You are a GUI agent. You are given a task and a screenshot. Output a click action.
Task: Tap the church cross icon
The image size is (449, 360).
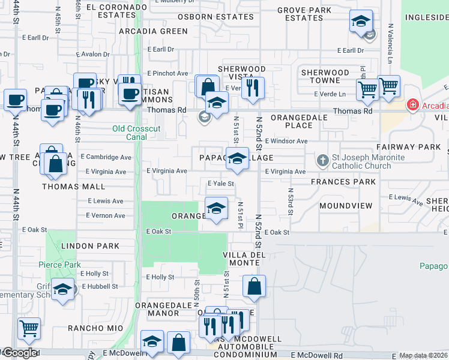(322, 160)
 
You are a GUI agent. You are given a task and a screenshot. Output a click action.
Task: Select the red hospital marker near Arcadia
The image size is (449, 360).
(412, 106)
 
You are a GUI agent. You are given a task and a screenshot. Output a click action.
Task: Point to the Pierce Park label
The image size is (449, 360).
(59, 265)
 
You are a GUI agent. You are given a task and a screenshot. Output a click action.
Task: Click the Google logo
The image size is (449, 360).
(19, 353)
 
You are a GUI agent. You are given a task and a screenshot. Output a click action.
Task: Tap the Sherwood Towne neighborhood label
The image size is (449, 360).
(325, 76)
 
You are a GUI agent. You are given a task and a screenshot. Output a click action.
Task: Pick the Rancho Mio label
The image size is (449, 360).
(95, 328)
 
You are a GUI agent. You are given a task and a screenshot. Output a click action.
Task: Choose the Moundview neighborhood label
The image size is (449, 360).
(346, 206)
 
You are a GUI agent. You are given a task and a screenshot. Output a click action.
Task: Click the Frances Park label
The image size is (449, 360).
(343, 182)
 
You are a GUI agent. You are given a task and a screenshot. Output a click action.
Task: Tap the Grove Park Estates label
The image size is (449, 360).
(304, 14)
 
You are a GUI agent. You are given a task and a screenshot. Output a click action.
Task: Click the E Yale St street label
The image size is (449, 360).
(220, 184)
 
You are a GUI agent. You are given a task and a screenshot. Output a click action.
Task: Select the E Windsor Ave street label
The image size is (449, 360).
(286, 141)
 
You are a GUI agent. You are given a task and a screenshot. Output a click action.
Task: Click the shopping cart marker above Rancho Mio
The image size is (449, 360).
(29, 329)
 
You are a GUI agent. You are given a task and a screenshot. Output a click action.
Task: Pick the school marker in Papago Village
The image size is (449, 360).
(237, 159)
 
